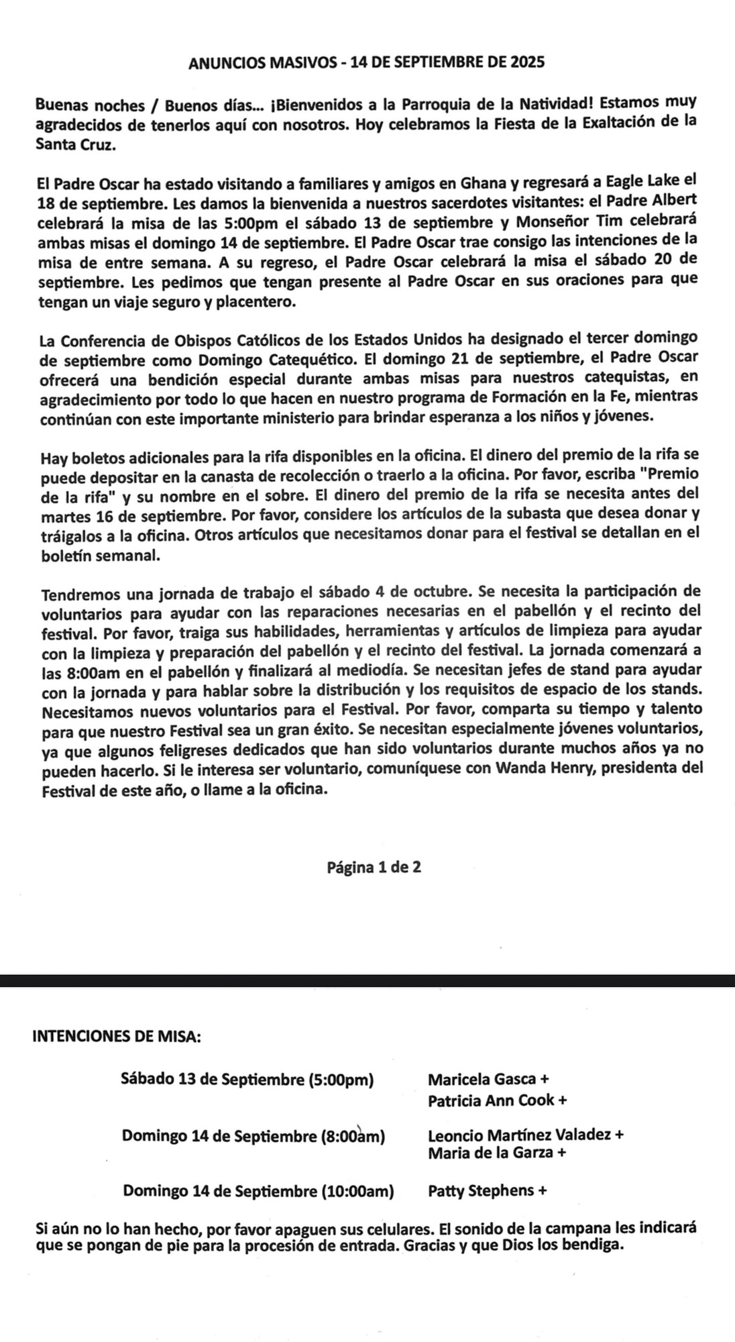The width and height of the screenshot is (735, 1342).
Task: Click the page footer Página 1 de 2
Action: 374,867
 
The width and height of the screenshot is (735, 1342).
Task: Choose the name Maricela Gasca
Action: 482,1080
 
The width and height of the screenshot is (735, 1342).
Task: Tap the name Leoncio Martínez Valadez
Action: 519,1135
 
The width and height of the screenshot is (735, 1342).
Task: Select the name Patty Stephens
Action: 481,1191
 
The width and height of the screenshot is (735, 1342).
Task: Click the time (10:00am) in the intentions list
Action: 358,1192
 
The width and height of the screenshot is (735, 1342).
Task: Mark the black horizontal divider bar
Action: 367,981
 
